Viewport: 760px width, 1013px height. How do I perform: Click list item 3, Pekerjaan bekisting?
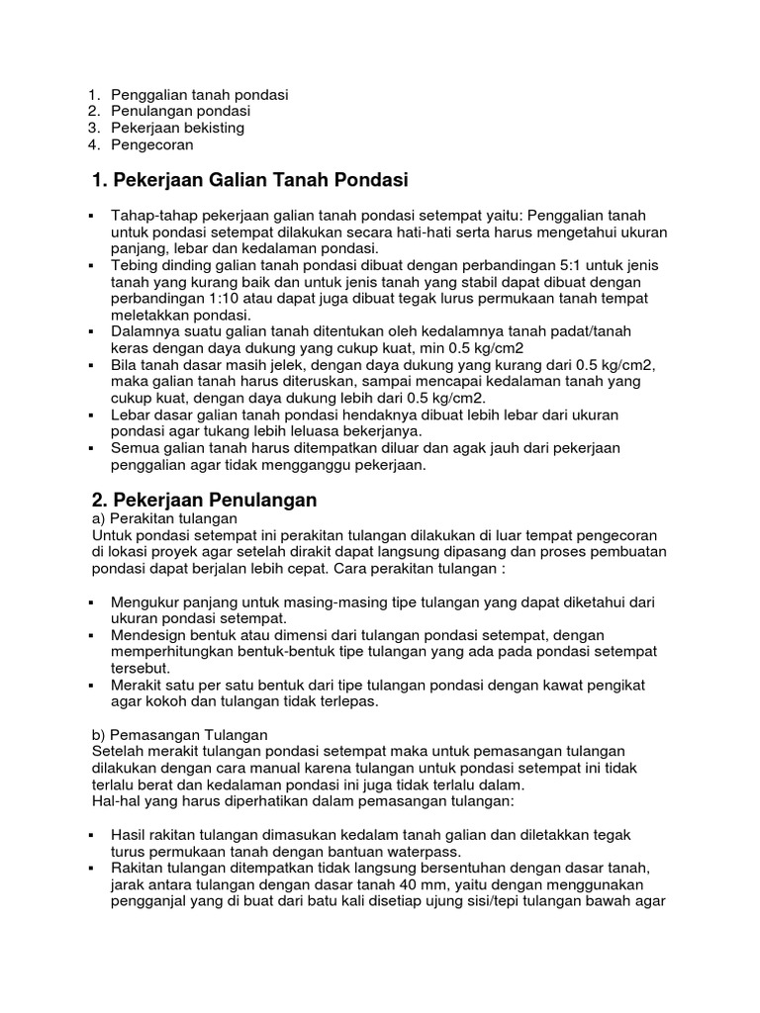pos(177,128)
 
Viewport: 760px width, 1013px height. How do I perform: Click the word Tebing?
pos(134,266)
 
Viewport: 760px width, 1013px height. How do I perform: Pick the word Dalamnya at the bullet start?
pos(145,330)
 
